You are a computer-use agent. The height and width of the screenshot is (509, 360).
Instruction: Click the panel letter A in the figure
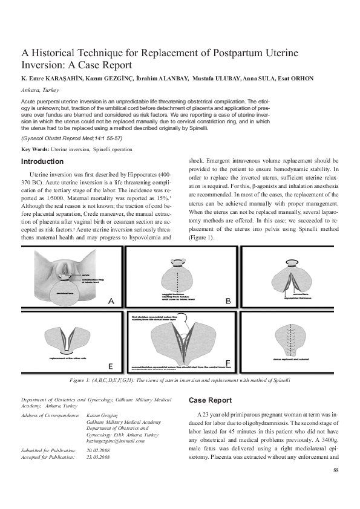111,300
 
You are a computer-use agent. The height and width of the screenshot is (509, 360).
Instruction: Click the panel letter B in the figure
227,300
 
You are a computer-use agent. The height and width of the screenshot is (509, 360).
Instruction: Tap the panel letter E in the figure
110,365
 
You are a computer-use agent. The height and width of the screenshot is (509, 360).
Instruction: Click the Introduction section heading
42,161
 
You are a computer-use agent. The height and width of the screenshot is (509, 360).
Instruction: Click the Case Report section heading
210,400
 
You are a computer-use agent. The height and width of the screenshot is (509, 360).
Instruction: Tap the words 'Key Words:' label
35,149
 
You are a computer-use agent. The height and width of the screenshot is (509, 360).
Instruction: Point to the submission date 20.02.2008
98,451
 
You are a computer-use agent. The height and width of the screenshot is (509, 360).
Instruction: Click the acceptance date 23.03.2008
98,457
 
